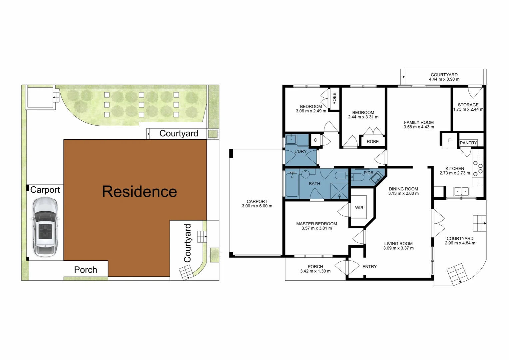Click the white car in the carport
tap(44, 227)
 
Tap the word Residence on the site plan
tap(140, 191)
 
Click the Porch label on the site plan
tap(86, 270)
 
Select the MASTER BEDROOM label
tap(316, 224)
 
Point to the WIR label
tap(359, 208)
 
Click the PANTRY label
tap(468, 143)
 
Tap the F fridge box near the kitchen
tap(449, 140)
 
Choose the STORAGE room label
tap(468, 105)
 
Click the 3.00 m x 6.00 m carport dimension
tap(257, 206)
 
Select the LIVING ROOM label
tap(398, 244)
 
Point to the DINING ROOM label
tap(403, 189)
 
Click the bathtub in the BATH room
tap(292, 184)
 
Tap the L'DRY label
tap(300, 151)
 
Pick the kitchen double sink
tap(461, 191)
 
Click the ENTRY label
tap(369, 267)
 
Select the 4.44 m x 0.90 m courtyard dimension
tap(444, 79)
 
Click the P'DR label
tap(368, 173)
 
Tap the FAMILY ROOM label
tap(419, 122)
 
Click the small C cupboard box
tap(315, 140)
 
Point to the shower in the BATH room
tap(339, 191)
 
